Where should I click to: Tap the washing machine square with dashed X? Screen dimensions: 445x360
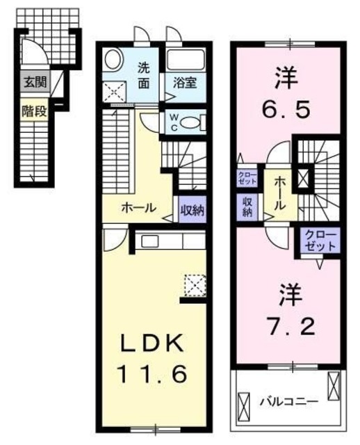113,90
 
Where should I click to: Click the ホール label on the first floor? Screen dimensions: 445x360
139,208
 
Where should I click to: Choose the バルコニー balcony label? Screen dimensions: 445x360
289,402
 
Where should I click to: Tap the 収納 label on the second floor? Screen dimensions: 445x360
247,206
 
